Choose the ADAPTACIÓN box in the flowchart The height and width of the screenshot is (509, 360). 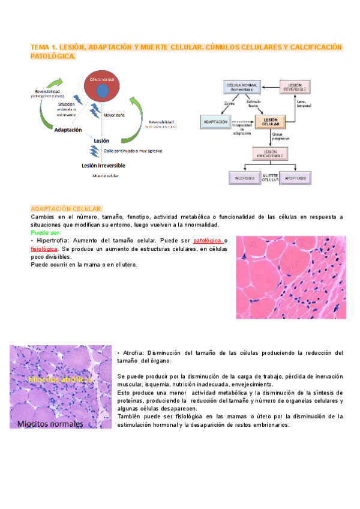coord(215,122)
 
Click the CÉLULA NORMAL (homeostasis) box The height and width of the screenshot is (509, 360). coord(241,88)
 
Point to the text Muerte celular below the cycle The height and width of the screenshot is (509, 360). coord(104,176)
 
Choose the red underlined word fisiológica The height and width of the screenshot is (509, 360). coord(44,248)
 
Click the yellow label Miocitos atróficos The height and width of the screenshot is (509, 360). coord(60,380)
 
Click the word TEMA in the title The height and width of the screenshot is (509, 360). coord(41,46)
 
